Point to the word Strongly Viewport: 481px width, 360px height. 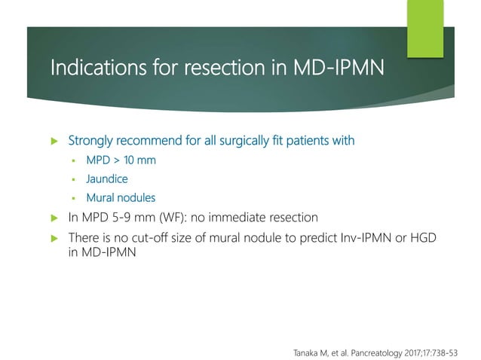point(93,141)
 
